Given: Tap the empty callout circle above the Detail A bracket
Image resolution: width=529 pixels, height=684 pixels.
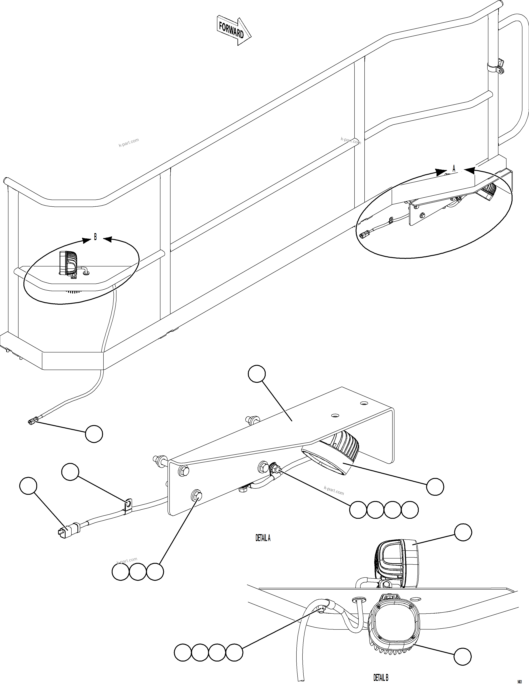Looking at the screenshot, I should point(257,374).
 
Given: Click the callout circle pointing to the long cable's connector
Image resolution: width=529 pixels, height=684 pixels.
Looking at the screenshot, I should point(94,434).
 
